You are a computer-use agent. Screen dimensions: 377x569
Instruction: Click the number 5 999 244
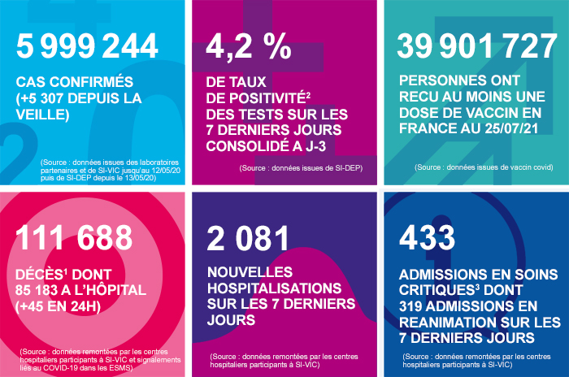[x=87, y=47]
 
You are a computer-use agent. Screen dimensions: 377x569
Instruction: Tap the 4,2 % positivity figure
[x=250, y=47]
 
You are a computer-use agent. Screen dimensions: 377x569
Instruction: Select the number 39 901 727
[x=477, y=47]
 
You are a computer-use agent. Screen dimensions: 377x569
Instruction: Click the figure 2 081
[x=249, y=237]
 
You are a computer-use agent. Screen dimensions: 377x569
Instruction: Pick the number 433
[x=428, y=237]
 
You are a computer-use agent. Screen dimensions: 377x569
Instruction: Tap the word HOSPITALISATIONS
[x=277, y=288]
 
